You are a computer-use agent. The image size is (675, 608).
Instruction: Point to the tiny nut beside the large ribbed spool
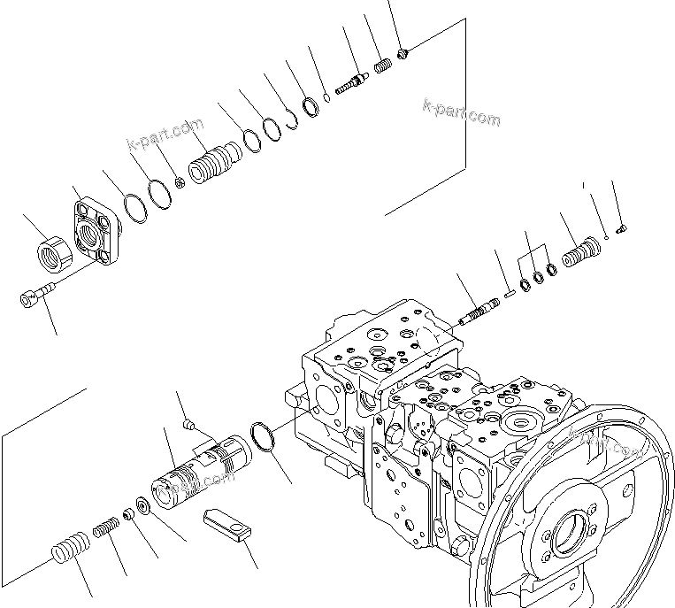[180, 182]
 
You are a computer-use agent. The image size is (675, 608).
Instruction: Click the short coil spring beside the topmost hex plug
[384, 66]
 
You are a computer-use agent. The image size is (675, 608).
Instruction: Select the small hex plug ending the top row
[403, 55]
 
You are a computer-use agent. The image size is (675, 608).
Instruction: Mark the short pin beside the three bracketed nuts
[510, 286]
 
